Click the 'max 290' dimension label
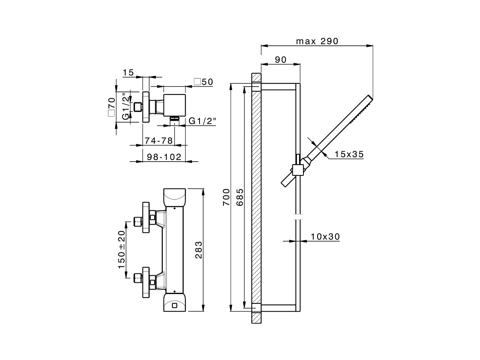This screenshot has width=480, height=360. pos(317,41)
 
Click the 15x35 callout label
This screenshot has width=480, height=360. pos(349,154)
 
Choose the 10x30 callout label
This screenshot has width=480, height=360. pos(325,237)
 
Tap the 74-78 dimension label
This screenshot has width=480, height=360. pos(159,141)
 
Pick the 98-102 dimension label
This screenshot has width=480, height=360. pos(163,157)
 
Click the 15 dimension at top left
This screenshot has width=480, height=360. pos(128,73)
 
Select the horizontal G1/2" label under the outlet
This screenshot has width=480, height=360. pos(202,121)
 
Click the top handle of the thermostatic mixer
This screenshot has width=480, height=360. pos(174,198)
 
